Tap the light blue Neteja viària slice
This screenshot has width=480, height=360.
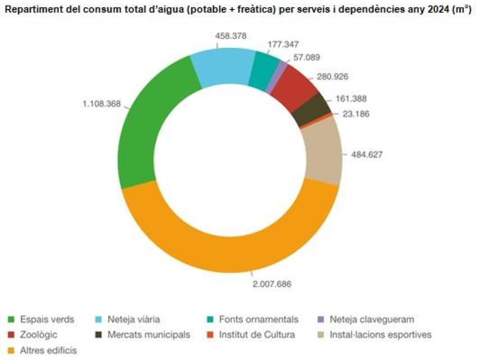222,67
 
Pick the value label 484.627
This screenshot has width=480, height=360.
366,154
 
